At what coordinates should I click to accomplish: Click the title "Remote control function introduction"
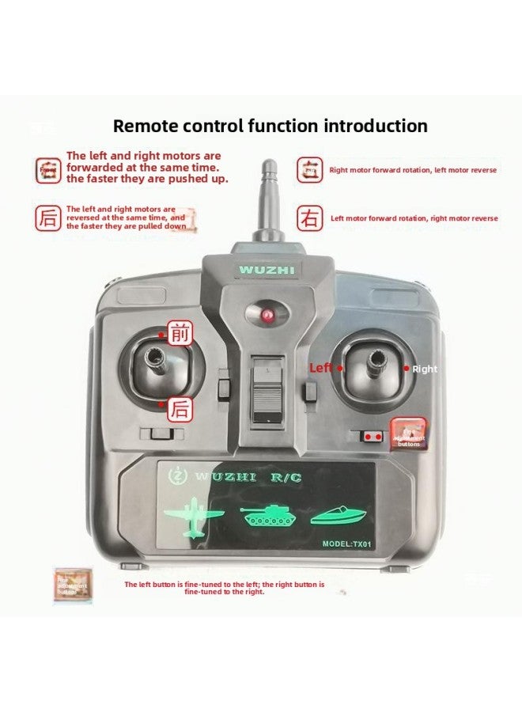tap(270, 126)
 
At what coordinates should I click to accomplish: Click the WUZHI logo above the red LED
tap(267, 270)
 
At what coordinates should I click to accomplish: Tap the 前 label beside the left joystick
tap(181, 334)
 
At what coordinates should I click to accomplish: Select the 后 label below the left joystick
tap(181, 409)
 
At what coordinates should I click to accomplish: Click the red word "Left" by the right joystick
tap(321, 368)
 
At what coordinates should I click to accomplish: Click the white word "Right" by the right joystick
tap(425, 369)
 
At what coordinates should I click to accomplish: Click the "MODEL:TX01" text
tap(346, 543)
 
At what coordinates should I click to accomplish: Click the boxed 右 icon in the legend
tap(310, 218)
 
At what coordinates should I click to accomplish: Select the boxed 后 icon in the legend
tap(48, 218)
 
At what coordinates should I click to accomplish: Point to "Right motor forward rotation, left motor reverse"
tap(413, 170)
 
